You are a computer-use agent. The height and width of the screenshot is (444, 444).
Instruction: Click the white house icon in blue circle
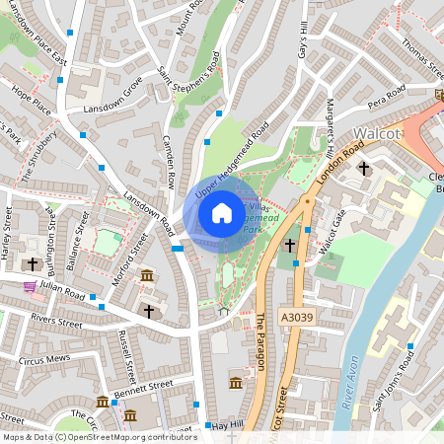[x=222, y=213]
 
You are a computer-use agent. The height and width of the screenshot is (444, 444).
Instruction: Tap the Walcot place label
[x=378, y=135]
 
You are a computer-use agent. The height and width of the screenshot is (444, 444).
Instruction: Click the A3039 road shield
[x=295, y=318]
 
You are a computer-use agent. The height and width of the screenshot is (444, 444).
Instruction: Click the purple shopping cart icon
[x=31, y=286]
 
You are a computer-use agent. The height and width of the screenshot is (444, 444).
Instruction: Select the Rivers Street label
[x=55, y=319]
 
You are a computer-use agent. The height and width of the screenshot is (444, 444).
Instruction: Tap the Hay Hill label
[x=225, y=425]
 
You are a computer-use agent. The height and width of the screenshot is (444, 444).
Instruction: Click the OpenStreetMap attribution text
[x=100, y=436]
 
